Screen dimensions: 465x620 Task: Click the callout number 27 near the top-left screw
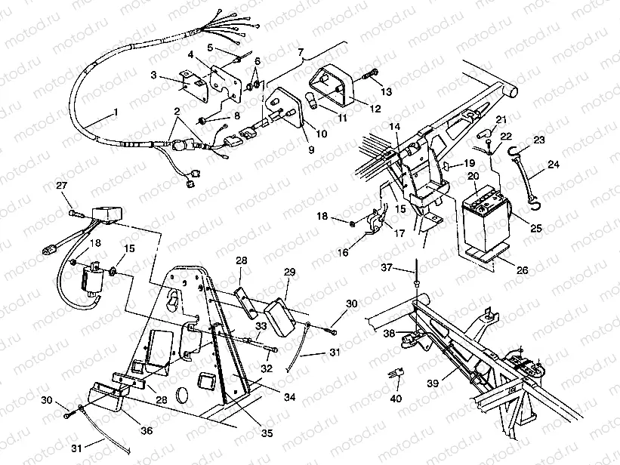point(62,186)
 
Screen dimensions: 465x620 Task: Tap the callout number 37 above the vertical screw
point(408,267)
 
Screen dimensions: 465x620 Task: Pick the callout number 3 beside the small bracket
point(154,75)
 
